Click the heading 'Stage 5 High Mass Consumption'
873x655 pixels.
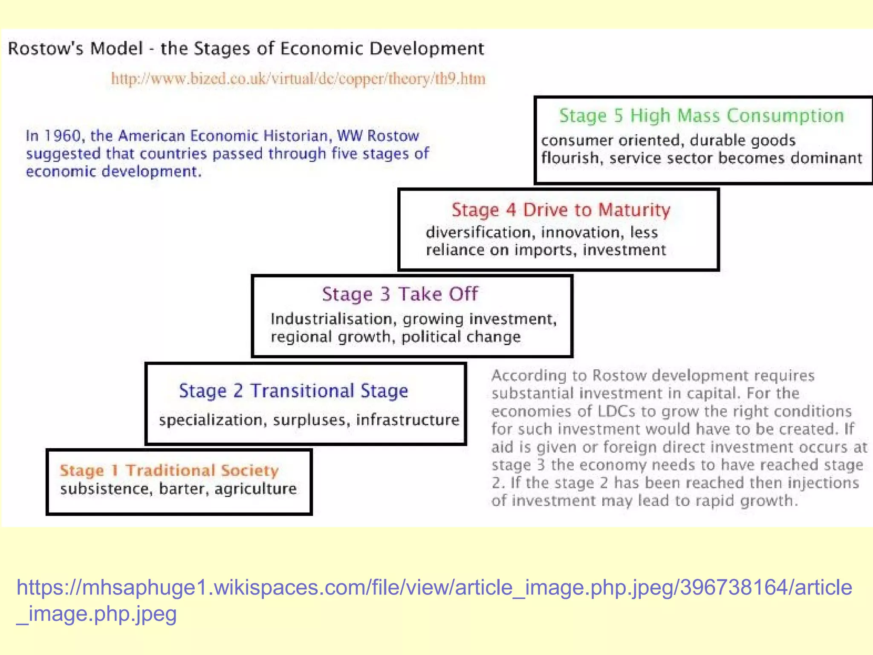point(701,116)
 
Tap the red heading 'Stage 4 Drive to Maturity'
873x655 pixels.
point(561,210)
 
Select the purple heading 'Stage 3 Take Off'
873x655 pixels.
point(400,294)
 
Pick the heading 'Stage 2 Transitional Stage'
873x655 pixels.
point(293,391)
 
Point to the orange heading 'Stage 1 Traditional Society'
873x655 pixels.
point(169,470)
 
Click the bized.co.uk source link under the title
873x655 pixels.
point(298,79)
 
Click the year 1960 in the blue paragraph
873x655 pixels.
point(63,136)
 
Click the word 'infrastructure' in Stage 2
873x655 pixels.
point(408,420)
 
